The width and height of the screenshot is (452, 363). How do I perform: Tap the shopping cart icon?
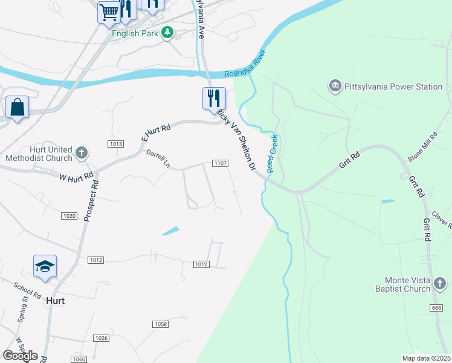109,12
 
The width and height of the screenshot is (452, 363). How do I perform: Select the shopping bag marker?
17,108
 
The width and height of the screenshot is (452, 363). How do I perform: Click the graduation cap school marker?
45,266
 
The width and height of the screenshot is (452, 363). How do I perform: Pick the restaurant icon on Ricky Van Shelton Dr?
213,98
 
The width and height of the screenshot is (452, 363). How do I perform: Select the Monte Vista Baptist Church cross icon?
440,283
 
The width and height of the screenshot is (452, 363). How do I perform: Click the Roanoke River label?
245,67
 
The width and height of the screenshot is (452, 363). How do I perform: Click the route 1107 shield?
220,163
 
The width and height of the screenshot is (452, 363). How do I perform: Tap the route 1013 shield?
116,143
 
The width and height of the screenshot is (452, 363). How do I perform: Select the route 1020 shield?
69,215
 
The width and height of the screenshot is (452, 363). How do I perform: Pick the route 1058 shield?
160,324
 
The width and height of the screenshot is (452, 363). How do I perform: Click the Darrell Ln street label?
158,159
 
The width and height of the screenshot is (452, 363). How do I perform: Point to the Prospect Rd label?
92,199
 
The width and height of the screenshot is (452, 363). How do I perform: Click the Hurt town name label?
56,300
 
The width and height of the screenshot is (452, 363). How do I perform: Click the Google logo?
20,355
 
